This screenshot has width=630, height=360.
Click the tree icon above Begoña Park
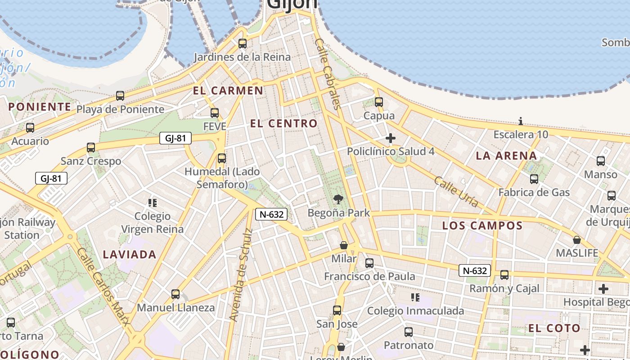coord(338,199)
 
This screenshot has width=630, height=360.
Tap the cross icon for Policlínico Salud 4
coord(391,138)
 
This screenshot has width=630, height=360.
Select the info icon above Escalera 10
coord(521,121)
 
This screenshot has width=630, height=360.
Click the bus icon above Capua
coord(379,102)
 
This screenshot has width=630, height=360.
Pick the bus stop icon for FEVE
coord(215,113)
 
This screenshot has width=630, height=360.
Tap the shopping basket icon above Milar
coord(344,245)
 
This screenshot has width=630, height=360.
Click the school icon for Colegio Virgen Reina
coord(153,203)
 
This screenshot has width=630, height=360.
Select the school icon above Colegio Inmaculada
coord(415,297)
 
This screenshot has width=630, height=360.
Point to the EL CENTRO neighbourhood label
coord(284,123)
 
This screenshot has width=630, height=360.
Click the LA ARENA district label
coord(507,156)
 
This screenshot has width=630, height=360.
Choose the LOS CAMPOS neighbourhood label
coord(482,225)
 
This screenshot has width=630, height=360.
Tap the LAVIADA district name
coord(130,255)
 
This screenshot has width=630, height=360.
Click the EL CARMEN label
coord(228,90)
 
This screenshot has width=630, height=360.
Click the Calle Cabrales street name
coord(327,74)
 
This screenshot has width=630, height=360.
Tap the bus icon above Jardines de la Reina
coord(243,44)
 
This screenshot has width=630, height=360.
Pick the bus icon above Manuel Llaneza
coord(175,294)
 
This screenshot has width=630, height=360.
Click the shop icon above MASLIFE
coord(577,240)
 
